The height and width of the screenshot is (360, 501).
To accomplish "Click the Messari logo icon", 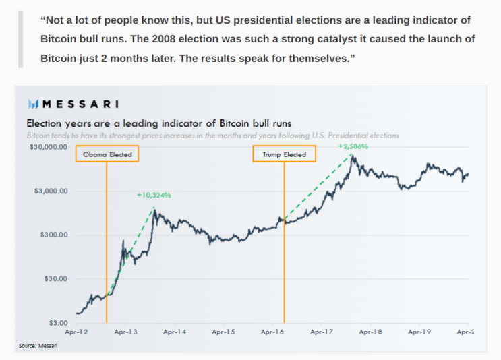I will coord(33,104).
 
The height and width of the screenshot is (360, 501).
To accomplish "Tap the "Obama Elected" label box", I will coord(107,154).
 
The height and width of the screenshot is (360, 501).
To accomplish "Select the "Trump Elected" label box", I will coord(284,154).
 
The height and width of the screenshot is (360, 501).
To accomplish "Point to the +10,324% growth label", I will coord(154,196).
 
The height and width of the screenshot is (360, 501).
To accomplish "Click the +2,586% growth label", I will coord(353,146).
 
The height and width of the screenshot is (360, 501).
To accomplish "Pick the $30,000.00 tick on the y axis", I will coord(48,147).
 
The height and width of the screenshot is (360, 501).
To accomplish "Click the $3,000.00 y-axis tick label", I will coord(51,191).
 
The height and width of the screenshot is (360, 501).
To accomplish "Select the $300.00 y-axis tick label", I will coord(53,235).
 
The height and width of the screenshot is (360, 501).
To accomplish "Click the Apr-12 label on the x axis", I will coord(76,332).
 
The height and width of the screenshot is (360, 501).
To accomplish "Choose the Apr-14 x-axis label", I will coord(174,332).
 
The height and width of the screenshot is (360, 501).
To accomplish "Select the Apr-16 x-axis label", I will coord(272,332).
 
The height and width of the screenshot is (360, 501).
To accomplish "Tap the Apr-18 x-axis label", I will coord(370,332).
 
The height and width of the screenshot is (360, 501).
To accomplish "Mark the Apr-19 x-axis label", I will coord(419,332).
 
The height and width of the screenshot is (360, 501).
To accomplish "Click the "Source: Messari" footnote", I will coord(38,346).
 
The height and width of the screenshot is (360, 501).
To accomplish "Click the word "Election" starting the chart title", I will coord(45,123).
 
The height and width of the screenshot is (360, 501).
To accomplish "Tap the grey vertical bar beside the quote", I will coord(20,40).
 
